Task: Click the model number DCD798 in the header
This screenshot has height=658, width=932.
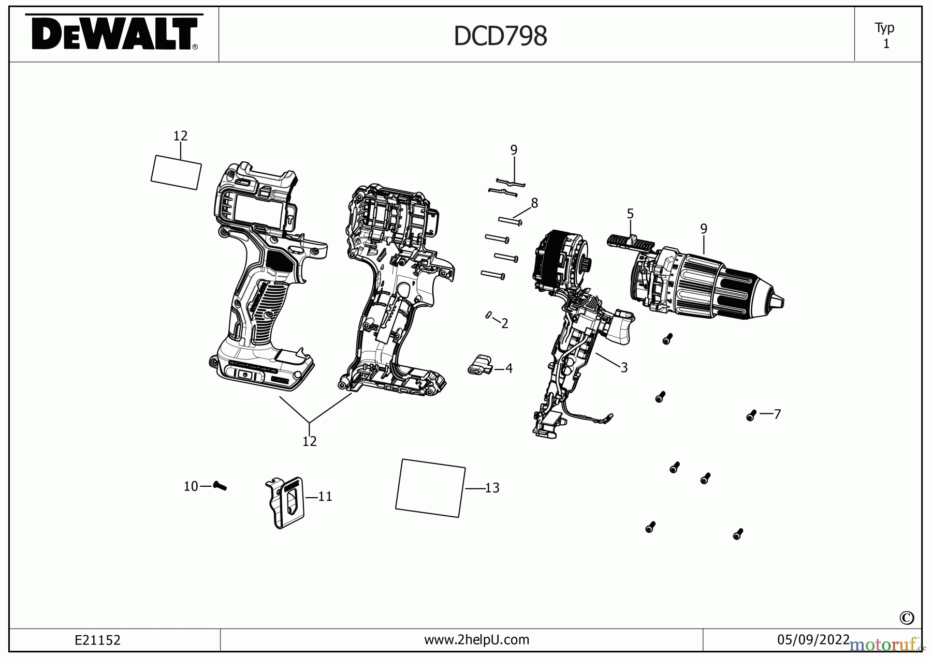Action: [500, 36]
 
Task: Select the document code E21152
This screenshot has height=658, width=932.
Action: [97, 640]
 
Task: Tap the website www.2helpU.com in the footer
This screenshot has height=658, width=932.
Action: [476, 640]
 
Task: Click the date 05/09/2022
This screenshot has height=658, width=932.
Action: [813, 640]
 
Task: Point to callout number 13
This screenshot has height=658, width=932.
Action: [492, 488]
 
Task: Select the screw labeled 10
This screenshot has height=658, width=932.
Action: [220, 486]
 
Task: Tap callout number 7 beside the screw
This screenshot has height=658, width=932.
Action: [777, 414]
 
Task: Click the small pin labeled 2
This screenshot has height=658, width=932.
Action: [488, 315]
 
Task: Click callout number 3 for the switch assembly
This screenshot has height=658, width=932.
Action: [624, 367]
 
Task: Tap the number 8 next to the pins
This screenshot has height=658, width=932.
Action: [534, 203]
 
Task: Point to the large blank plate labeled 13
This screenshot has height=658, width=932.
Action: [430, 488]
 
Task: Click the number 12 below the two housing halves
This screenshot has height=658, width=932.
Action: [309, 441]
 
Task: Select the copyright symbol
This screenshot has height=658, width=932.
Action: [907, 618]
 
